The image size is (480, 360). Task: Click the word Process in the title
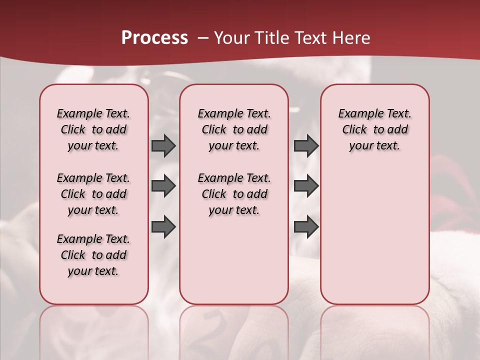pos(154,37)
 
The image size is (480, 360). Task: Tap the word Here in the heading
pos(349,37)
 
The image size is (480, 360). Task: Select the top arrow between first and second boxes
pos(163,145)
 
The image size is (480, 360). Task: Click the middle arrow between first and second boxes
pos(163,186)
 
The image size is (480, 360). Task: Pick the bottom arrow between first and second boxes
pos(163,226)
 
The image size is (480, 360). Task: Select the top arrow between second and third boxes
pos(306,145)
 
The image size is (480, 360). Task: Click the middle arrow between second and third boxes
pos(306,186)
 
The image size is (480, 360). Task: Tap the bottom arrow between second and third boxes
pos(306,226)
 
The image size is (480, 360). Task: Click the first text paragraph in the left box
pos(93,129)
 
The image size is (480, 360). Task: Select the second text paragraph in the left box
pos(93,194)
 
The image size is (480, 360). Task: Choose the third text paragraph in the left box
pos(93,255)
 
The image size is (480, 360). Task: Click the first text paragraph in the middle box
pos(234,129)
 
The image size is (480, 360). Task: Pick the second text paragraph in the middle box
pos(234,194)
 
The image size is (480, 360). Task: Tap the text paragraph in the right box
pos(374,129)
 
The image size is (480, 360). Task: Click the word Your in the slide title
pos(231,37)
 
